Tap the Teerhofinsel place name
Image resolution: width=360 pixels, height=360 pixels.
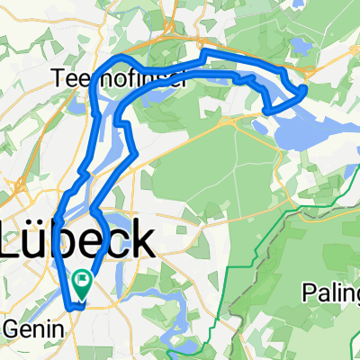click(120, 78)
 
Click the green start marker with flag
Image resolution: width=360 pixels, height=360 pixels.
click(83, 285)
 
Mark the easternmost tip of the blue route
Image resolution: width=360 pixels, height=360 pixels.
click(306, 89)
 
